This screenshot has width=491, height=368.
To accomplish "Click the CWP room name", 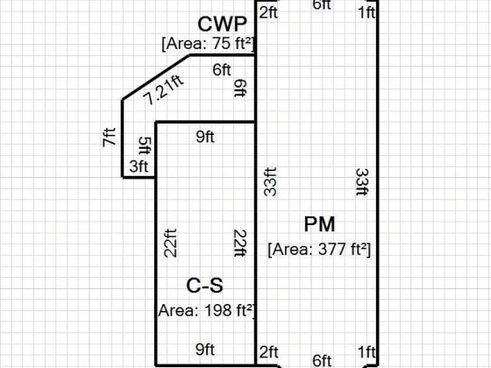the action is pyautogui.click(x=223, y=25).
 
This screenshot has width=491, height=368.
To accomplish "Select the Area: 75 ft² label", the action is pyautogui.click(x=208, y=44).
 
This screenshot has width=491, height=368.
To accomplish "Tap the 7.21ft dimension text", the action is pyautogui.click(x=163, y=89).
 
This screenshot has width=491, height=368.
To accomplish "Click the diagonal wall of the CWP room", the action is pyautogui.click(x=156, y=77).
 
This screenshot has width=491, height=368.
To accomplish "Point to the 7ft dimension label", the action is pyautogui.click(x=109, y=137).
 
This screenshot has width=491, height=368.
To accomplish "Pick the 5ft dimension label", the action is pyautogui.click(x=145, y=145).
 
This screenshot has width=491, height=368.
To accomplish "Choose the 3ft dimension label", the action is pyautogui.click(x=139, y=166).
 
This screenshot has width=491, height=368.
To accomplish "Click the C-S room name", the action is pyautogui.click(x=205, y=286).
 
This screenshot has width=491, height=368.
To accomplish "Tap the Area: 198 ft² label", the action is pyautogui.click(x=206, y=311).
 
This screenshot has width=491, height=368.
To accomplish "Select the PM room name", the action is pyautogui.click(x=319, y=224).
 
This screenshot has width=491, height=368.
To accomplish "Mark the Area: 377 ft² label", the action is pyautogui.click(x=319, y=250).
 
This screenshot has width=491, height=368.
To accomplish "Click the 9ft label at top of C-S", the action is pyautogui.click(x=205, y=137).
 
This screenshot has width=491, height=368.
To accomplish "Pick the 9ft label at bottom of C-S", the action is pyautogui.click(x=205, y=350).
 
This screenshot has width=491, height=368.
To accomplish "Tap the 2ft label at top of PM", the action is pyautogui.click(x=268, y=13).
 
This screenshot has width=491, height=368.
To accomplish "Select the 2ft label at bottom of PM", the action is pyautogui.click(x=268, y=352).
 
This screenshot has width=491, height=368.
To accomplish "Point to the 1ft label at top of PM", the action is pyautogui.click(x=366, y=13).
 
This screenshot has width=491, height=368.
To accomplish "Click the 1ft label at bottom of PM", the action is pyautogui.click(x=366, y=352).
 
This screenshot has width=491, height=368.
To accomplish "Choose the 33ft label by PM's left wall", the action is pyautogui.click(x=270, y=182).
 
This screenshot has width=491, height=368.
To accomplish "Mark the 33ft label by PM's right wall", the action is pyautogui.click(x=362, y=182).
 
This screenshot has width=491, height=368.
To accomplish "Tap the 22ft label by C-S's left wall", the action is pyautogui.click(x=171, y=244).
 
